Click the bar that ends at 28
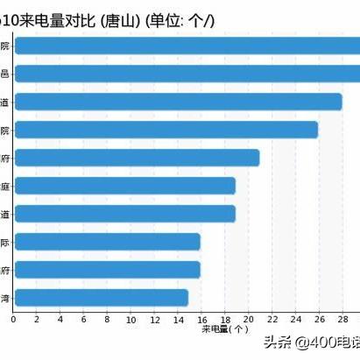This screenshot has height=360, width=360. [x=178, y=102]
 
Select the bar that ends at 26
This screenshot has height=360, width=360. [x=166, y=130]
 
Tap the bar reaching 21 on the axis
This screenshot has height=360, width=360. [x=137, y=158]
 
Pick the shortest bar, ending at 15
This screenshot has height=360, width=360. [x=102, y=298]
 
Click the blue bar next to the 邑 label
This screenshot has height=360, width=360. [x=187, y=74]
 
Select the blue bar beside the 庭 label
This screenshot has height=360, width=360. [x=125, y=186]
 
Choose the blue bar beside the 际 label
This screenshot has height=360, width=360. [x=108, y=242]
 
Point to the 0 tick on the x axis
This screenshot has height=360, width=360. [x=13, y=320]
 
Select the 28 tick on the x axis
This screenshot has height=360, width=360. [x=342, y=320]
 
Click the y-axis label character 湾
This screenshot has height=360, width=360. [x=5, y=299]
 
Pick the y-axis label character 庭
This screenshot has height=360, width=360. [x=5, y=187]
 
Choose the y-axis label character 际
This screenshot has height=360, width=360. [x=5, y=243]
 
